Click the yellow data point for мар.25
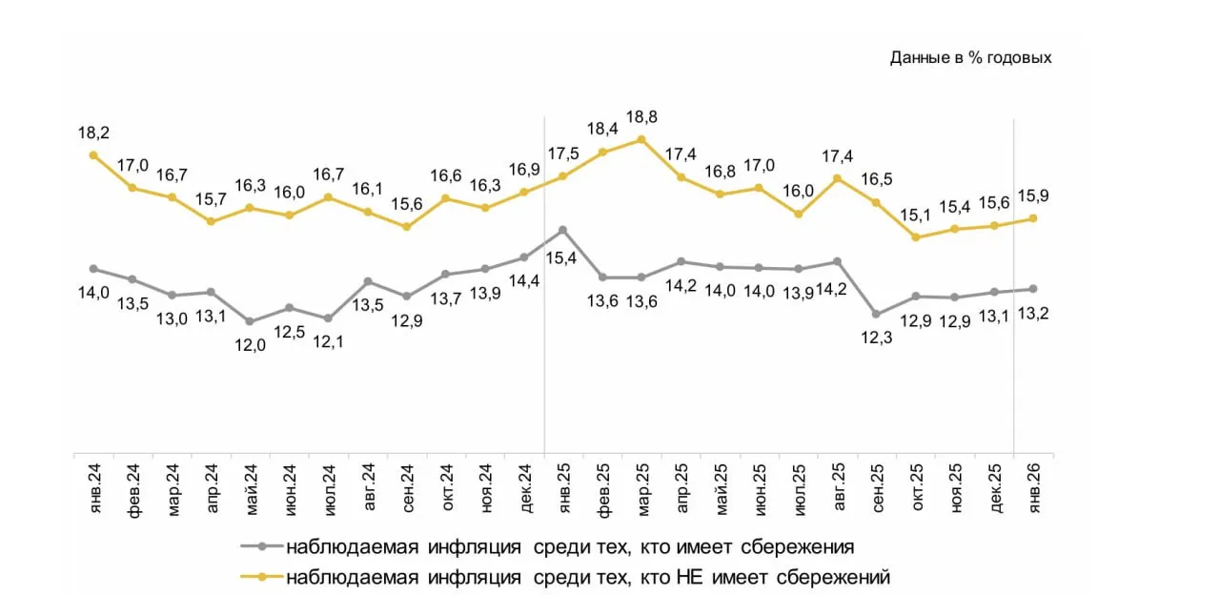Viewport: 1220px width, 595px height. click(x=641, y=139)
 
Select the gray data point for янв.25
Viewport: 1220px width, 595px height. click(x=563, y=230)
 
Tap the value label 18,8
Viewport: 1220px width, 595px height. click(x=641, y=117)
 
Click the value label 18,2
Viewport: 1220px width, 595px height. click(x=93, y=132)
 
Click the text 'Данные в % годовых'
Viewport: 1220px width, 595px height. click(x=970, y=58)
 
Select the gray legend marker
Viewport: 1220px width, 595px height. click(x=261, y=547)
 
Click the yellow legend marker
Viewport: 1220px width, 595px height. click(x=261, y=577)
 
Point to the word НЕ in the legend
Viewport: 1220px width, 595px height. click(x=687, y=577)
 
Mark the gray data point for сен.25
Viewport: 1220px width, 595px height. click(x=876, y=314)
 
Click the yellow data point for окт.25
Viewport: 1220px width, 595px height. click(x=915, y=237)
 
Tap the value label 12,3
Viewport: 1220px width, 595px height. click(x=876, y=337)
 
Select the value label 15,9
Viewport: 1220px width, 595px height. click(x=1033, y=196)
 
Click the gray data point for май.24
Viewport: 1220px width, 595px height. click(x=250, y=322)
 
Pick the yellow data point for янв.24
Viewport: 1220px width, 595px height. click(x=93, y=154)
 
